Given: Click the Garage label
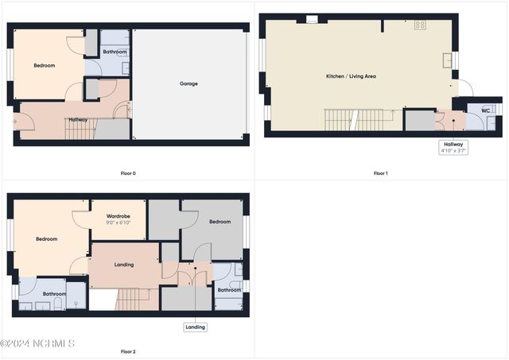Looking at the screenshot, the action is point(188,83).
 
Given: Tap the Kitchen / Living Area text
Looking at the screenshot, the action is point(351,76).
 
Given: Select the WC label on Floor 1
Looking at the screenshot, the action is point(486,110).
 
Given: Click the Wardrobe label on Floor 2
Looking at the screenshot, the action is point(119,216).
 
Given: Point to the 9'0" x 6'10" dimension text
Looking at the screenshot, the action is point(119,223).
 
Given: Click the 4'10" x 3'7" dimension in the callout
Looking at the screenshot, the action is point(453,151).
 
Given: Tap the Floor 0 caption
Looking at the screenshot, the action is point(128,173).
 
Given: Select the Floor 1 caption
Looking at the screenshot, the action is point(381,173).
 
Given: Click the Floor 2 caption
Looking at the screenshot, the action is point(128,351).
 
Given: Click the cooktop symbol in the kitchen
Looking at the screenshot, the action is point(420,25).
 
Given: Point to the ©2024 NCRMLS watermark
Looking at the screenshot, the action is point(37,343).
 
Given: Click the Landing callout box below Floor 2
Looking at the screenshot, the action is point(195,327).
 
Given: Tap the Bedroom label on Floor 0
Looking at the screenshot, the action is point(45,65).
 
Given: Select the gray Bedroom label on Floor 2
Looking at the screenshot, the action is point(220,222).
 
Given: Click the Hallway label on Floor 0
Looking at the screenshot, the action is point(78,120).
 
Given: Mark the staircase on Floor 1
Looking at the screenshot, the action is point(359,120).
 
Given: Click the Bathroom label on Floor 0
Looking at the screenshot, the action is point(115,52).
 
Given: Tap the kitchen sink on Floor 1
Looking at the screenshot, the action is point(448,60).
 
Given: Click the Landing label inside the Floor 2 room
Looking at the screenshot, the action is point(124,265).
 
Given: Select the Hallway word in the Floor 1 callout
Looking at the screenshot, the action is point(453,145).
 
